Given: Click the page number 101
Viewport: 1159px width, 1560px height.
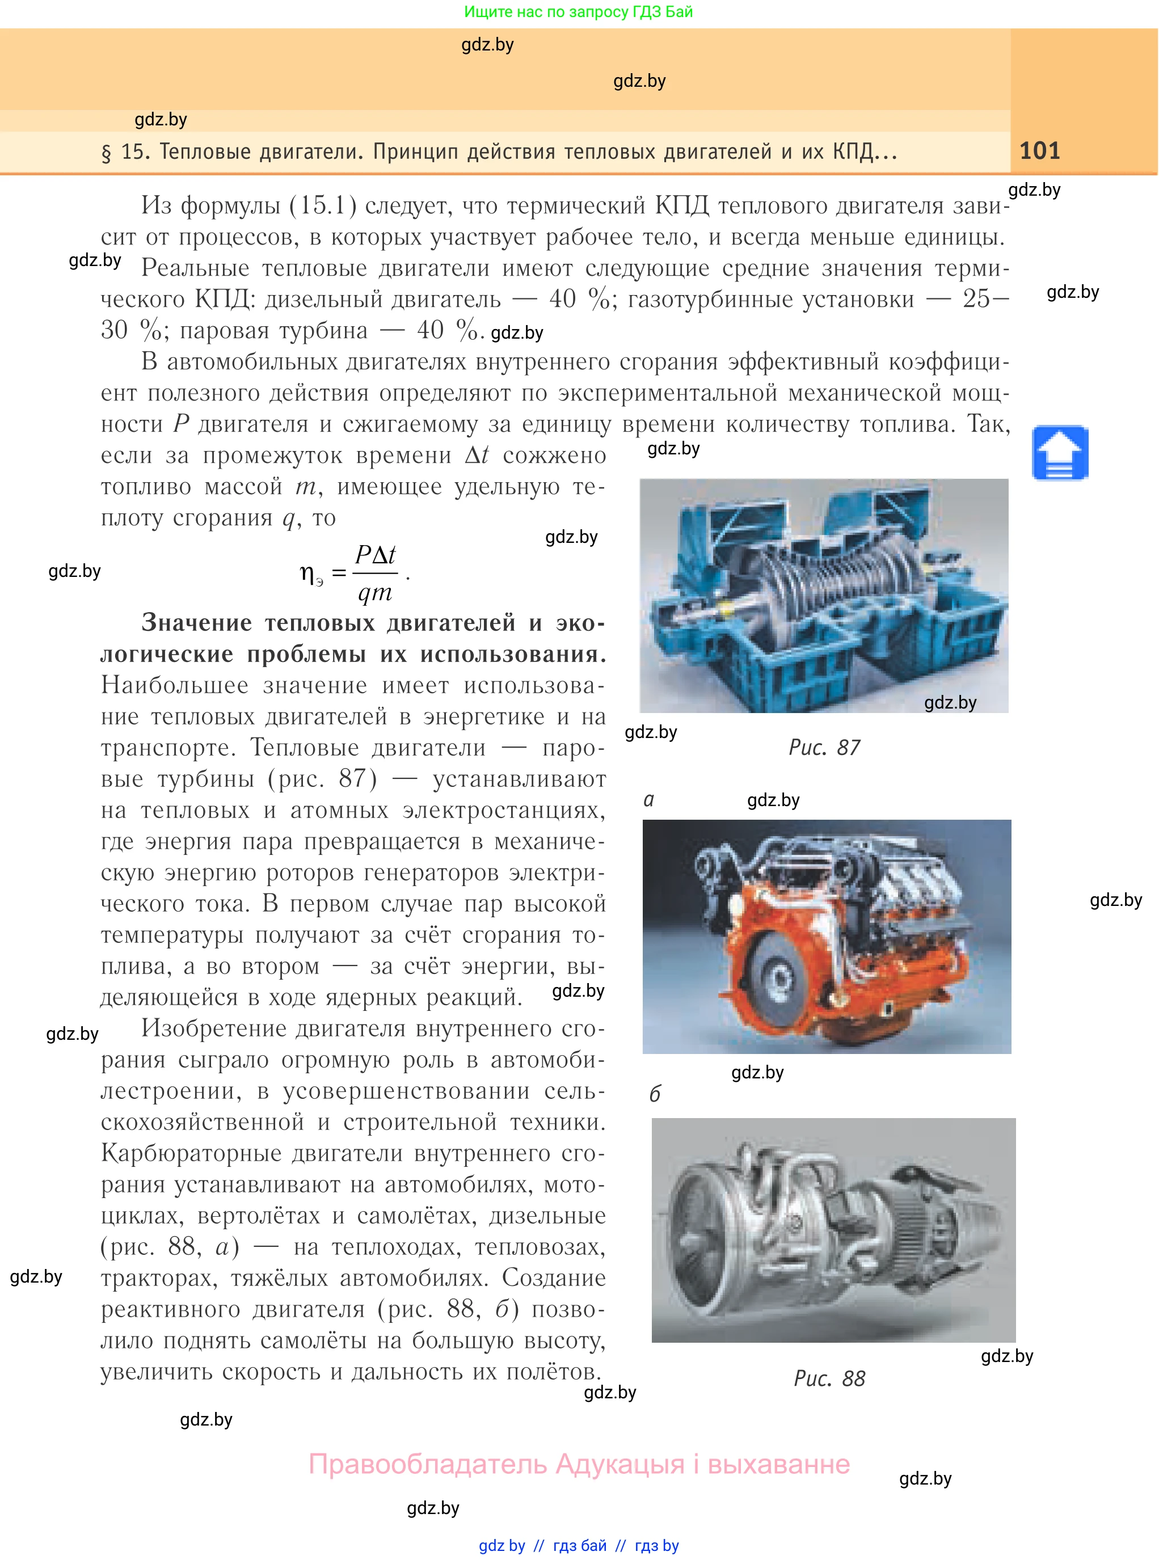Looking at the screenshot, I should point(1039,151).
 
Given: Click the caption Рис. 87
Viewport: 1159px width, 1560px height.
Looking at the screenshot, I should point(824,748).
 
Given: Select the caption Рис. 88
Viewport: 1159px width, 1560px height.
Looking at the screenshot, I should point(829,1378).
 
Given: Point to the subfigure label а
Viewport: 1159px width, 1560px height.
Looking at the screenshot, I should point(649,800).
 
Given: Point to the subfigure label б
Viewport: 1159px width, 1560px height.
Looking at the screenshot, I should point(655,1094).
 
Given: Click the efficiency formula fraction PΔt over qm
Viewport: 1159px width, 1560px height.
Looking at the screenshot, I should point(376,573).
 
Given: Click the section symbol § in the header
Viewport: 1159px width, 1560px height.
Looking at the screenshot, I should point(107,153).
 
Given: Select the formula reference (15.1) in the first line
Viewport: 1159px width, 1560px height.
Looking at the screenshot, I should point(323,205).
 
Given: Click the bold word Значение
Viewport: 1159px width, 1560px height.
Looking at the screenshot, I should point(196,623).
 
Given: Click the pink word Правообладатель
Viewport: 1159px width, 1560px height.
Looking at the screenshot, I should point(427,1464).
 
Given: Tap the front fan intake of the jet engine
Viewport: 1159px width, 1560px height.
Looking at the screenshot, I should point(702,1221).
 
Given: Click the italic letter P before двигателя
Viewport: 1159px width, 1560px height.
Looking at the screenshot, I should point(181,424).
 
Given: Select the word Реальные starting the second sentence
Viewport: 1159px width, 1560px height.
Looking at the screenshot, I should point(195,268).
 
